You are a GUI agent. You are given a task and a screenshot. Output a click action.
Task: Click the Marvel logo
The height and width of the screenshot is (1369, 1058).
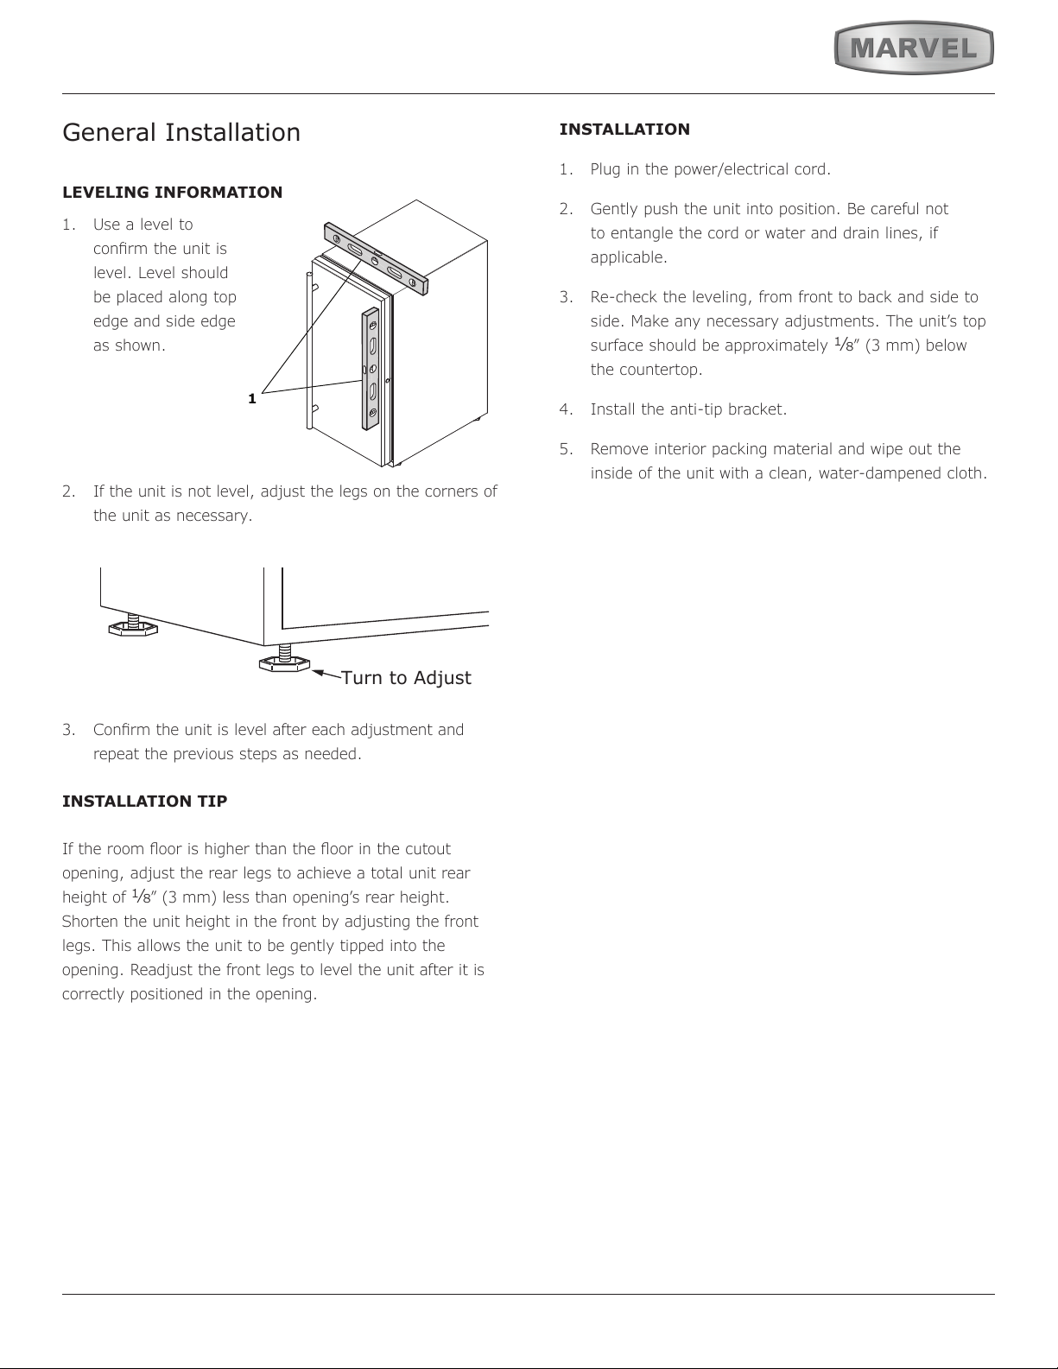(914, 48)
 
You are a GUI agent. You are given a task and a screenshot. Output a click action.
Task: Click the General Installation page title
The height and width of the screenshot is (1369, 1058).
(181, 133)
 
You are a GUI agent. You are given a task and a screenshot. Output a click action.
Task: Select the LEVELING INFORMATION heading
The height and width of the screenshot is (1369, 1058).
(172, 193)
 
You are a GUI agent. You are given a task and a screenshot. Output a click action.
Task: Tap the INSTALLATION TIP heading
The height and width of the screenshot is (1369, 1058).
(145, 802)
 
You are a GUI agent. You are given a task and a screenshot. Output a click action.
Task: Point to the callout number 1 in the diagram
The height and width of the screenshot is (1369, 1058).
(251, 399)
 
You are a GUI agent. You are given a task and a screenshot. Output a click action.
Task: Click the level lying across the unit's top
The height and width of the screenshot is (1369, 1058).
(376, 259)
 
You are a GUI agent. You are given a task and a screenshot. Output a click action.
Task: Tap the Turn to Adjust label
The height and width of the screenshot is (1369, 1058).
(406, 678)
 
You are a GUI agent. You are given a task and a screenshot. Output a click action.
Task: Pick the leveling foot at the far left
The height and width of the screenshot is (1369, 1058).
(132, 627)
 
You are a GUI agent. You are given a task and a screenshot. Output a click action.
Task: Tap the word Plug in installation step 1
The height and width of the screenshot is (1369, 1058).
(605, 169)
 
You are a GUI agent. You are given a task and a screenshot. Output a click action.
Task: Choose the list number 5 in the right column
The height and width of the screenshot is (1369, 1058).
(566, 449)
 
